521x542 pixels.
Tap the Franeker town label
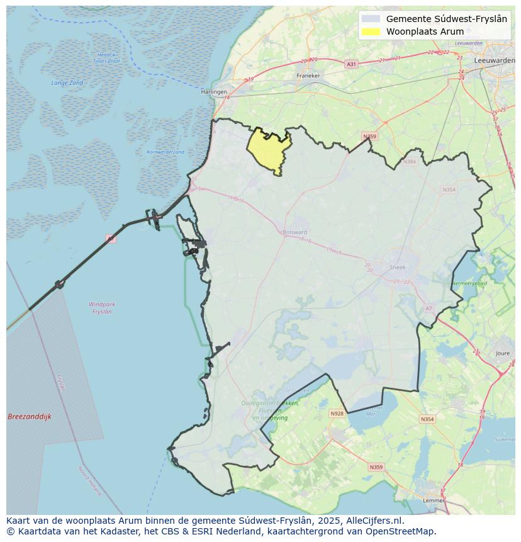pyautogui.click(x=308, y=76)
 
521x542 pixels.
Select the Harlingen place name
pyautogui.click(x=214, y=92)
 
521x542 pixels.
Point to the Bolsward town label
pyautogui.click(x=295, y=232)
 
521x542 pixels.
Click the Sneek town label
pyautogui.click(x=398, y=267)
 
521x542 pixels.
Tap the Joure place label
pyautogui.click(x=503, y=354)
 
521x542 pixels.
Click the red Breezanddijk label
pyautogui.click(x=30, y=417)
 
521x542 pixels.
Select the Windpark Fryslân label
pyautogui.click(x=102, y=308)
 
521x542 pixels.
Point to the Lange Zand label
pyautogui.click(x=67, y=83)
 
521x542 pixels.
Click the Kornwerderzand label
pyautogui.click(x=165, y=152)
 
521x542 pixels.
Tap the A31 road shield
pyautogui.click(x=351, y=64)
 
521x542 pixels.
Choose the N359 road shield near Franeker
pyautogui.click(x=369, y=137)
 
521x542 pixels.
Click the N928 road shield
pyautogui.click(x=337, y=414)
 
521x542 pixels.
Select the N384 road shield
pyautogui.click(x=410, y=162)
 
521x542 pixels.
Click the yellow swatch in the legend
pyautogui.click(x=371, y=31)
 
